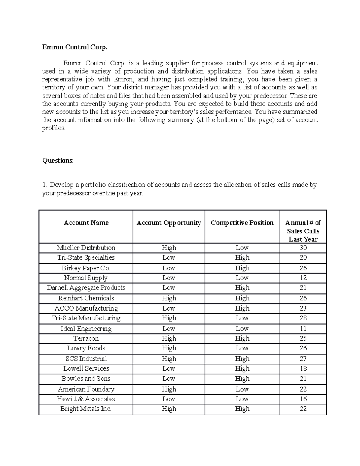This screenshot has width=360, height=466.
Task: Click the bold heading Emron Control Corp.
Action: click(75, 47)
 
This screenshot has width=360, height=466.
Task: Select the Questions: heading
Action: click(58, 161)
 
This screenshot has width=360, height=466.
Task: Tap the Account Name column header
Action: click(86, 223)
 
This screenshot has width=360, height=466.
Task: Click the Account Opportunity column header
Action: click(169, 223)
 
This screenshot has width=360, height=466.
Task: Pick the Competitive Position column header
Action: click(242, 223)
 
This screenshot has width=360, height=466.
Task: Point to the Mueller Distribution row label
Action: click(86, 248)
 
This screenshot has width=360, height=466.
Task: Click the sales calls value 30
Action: click(303, 248)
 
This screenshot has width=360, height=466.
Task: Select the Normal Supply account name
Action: click(86, 278)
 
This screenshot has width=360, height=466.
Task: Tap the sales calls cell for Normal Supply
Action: click(303, 278)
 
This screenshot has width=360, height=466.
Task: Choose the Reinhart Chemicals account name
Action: click(86, 298)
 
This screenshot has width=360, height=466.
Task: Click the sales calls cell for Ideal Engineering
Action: click(303, 329)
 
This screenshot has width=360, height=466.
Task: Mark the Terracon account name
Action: click(86, 338)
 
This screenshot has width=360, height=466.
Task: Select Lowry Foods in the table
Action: click(86, 348)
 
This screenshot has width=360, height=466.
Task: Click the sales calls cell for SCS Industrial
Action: click(303, 359)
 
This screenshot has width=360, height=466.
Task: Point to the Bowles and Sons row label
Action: click(86, 379)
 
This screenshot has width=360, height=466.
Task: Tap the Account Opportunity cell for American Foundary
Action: click(169, 389)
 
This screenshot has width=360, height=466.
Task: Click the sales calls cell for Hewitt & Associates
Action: click(303, 399)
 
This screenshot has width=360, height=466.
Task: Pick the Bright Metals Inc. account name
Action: click(86, 409)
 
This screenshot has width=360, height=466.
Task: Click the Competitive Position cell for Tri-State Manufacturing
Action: click(242, 318)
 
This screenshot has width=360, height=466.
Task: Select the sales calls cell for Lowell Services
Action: click(303, 369)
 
